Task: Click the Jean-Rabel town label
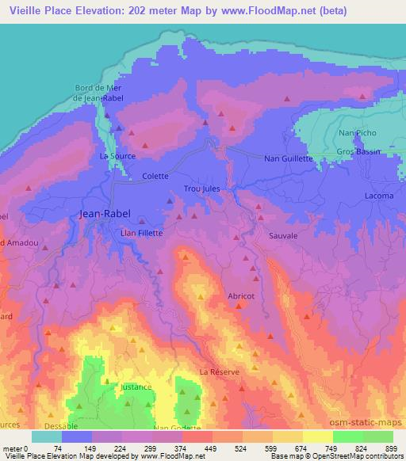pos(106,214)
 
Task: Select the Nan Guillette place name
pos(289,158)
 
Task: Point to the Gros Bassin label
pos(359,150)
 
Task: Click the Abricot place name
pos(240,295)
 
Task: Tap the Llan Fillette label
pos(140,233)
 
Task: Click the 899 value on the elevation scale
pos(392,448)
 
